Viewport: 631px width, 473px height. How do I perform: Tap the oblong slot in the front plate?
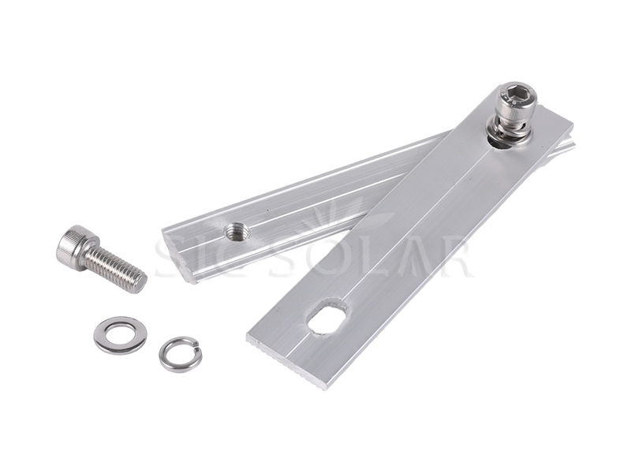coord(327,316)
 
